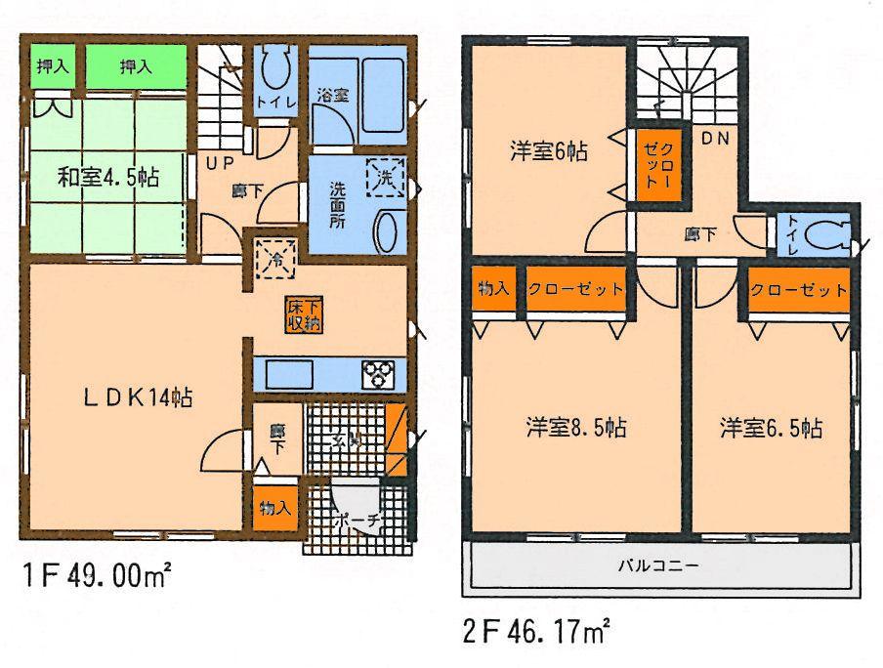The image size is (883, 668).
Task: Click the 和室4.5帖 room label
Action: point(107,178)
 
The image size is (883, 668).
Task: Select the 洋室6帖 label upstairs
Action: point(547,151)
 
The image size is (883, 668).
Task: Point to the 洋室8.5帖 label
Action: point(576,427)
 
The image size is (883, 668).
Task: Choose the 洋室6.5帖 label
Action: point(771,427)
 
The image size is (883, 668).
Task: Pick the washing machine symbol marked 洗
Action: point(384,178)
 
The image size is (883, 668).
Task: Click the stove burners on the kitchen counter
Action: point(382,374)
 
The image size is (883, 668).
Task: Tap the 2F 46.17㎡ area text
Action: point(536,632)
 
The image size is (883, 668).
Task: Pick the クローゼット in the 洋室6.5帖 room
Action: point(798,290)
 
